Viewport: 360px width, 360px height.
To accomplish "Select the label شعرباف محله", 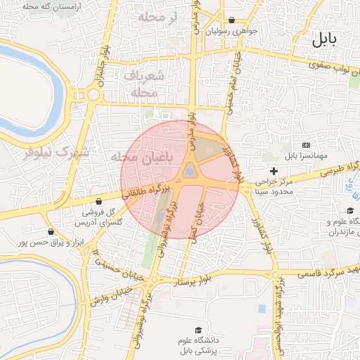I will coord(147,84).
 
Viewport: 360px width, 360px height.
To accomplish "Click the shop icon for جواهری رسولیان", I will coord(232,20).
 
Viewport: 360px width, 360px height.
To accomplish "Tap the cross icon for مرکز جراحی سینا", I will coord(274,171).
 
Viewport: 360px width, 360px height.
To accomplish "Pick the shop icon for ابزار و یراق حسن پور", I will coord(51,231).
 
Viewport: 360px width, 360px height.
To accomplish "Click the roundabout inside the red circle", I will coord(189,171).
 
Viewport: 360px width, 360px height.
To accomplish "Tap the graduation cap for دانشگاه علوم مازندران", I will coord(349,211).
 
